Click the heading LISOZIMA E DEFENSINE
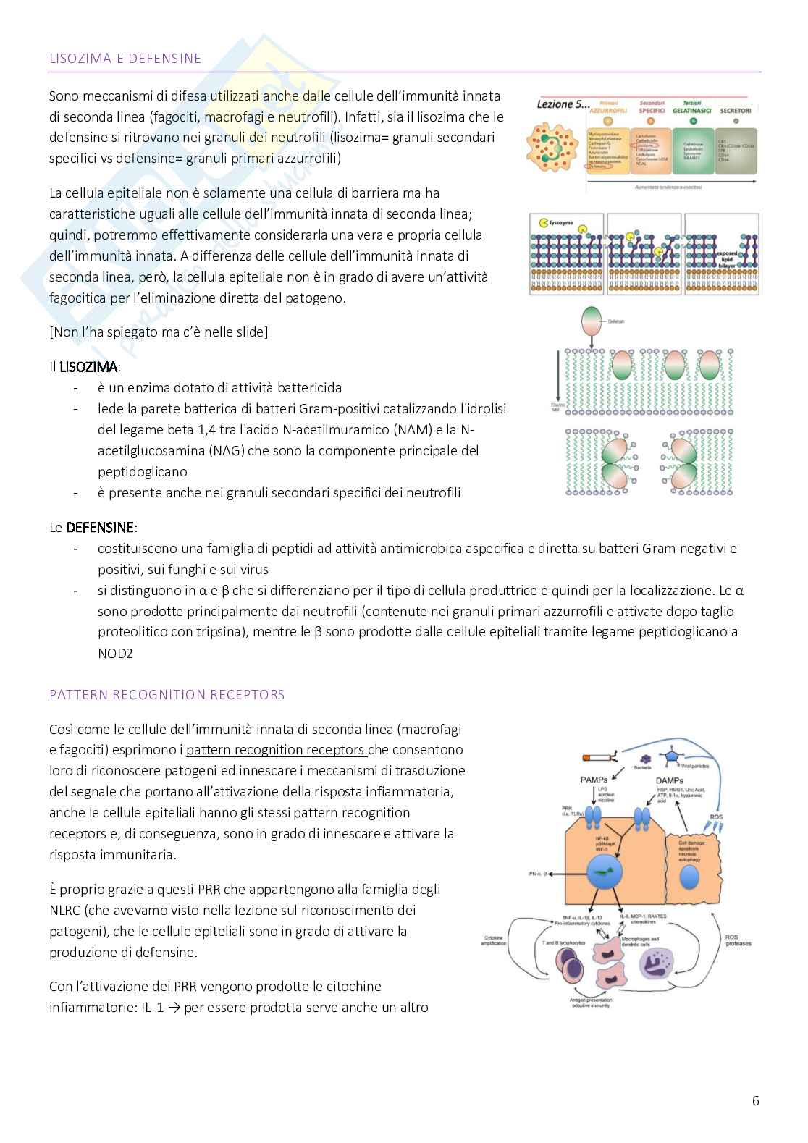click(x=125, y=59)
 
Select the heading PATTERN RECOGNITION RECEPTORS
click(x=167, y=695)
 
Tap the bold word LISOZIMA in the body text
click(x=89, y=367)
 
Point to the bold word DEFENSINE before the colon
click(x=100, y=528)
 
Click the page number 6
click(x=756, y=1101)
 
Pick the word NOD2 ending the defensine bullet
click(x=116, y=654)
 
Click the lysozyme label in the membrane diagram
click(x=561, y=223)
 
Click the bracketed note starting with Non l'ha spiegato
click(x=158, y=332)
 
